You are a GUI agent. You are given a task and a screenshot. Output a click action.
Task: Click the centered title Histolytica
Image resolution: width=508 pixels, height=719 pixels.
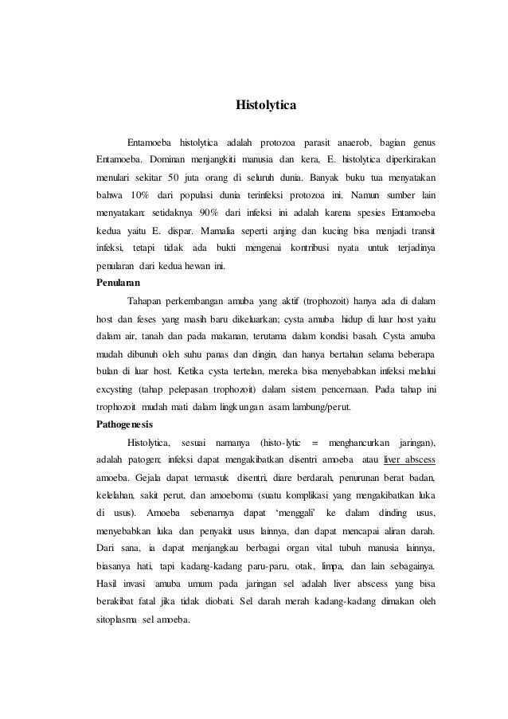265,104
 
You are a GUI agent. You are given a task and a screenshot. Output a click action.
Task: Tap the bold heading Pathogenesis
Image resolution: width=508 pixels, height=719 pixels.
126,423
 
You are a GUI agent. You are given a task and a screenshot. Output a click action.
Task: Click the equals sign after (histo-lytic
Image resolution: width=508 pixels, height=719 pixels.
316,442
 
